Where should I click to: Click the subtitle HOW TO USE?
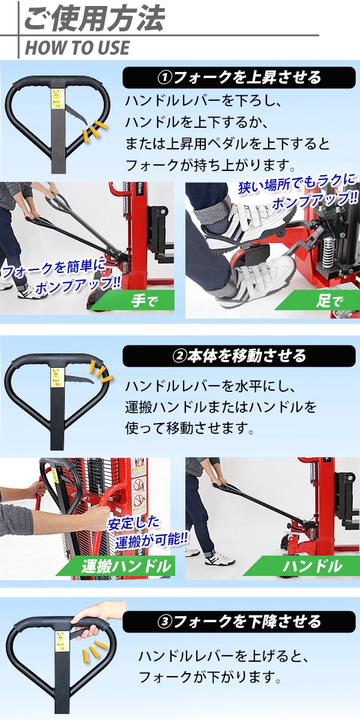[x=77, y=47]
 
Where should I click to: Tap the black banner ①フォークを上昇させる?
[x=239, y=77]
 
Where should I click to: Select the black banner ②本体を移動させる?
[x=239, y=356]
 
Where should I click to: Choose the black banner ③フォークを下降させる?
[x=239, y=622]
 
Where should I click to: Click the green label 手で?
[x=135, y=301]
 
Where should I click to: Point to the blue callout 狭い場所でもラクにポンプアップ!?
[x=298, y=192]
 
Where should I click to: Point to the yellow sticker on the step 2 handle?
[x=57, y=377]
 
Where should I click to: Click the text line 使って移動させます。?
[x=190, y=428]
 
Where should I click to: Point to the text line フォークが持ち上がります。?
[x=210, y=165]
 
